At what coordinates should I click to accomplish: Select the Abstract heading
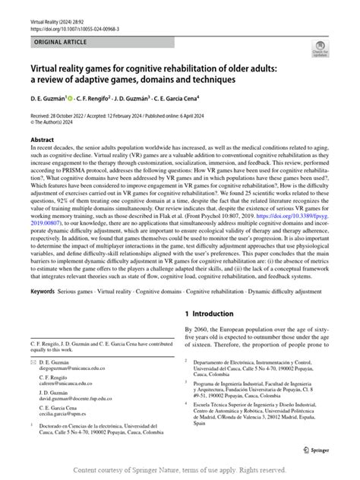[42, 141]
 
